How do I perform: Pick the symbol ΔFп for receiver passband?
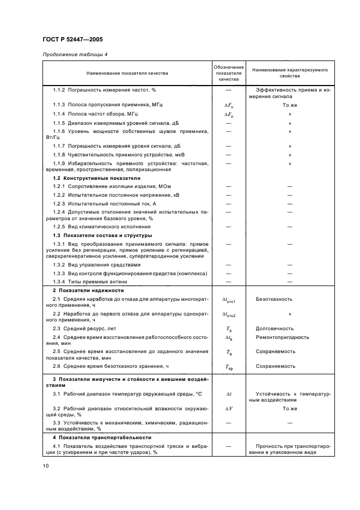click(228, 104)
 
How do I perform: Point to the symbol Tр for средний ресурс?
click(228, 329)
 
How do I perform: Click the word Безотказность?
click(274, 299)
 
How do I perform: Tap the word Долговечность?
click(274, 329)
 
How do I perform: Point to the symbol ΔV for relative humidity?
click(228, 408)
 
